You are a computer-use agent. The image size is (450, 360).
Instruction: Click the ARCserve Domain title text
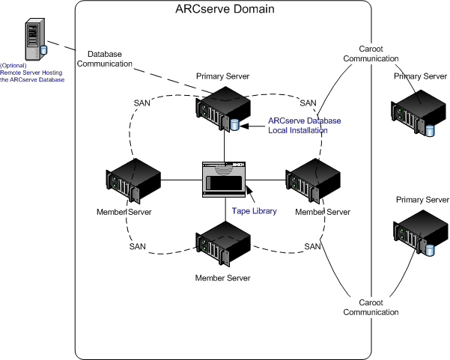tap(224, 10)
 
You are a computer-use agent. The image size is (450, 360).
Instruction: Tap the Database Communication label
tap(110, 59)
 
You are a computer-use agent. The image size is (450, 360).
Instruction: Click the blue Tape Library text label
tap(254, 212)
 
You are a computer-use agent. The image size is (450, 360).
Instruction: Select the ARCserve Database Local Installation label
tap(298, 125)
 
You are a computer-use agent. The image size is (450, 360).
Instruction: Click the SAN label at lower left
tap(137, 246)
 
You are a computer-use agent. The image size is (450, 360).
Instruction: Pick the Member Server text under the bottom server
tap(222, 278)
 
